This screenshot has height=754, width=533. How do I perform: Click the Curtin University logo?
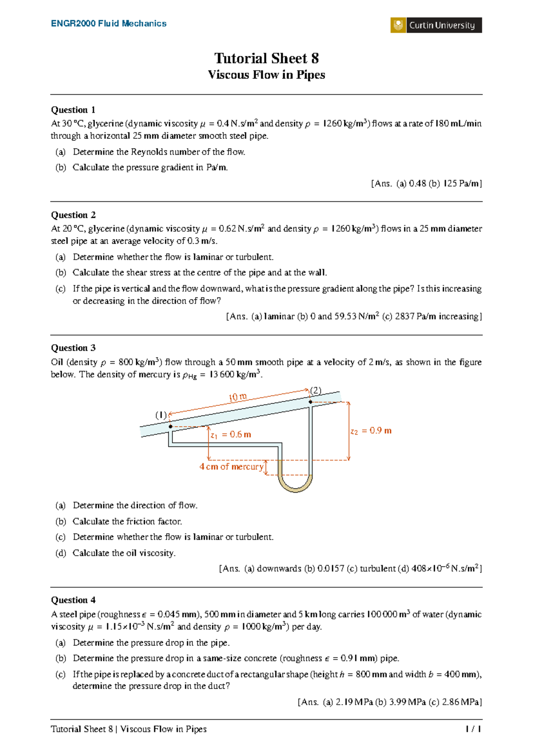click(436, 25)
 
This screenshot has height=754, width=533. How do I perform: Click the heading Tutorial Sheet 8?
click(266, 58)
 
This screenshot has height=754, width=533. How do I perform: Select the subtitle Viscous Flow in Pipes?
click(266, 75)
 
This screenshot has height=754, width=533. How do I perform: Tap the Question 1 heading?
click(73, 110)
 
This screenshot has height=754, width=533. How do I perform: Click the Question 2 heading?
click(73, 215)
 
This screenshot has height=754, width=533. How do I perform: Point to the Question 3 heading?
click(73, 348)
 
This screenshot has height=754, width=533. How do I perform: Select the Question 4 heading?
click(73, 600)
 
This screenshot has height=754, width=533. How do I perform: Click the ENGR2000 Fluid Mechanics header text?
click(109, 24)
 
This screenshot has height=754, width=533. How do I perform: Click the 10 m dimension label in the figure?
click(238, 397)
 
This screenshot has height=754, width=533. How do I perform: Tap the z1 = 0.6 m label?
click(231, 435)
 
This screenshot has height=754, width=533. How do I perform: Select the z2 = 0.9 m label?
click(371, 431)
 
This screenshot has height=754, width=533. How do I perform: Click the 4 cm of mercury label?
click(231, 467)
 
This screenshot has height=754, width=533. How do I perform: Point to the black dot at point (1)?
click(171, 426)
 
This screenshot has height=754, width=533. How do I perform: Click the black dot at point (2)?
click(310, 402)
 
